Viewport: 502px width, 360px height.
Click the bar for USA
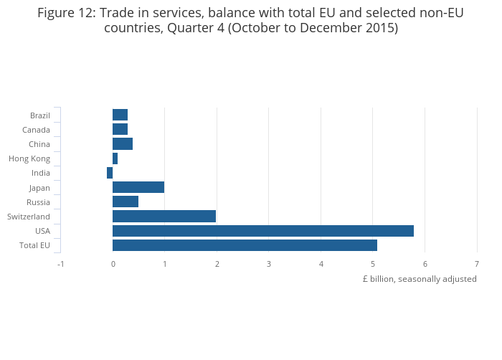262,231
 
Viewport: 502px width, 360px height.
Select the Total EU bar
245,245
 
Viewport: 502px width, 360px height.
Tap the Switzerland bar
164,217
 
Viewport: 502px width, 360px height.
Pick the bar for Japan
138,187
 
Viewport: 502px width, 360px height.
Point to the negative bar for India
110,173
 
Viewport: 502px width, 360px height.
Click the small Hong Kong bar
115,158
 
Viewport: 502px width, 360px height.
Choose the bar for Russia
126,202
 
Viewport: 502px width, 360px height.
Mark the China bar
123,144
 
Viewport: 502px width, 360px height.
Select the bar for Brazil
120,115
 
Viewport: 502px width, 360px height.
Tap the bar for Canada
120,129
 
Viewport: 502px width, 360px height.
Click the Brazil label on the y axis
40,115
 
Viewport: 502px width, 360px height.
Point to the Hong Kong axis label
29,158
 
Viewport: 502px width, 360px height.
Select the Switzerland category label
29,217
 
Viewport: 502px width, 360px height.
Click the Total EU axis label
34,245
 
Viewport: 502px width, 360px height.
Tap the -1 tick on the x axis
60,264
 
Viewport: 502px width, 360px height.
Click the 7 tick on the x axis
477,264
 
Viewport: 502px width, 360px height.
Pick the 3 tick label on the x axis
269,264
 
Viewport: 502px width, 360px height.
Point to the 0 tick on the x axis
113,264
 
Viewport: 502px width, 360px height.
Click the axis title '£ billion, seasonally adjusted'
420,279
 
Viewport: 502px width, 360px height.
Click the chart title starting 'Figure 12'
251,21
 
